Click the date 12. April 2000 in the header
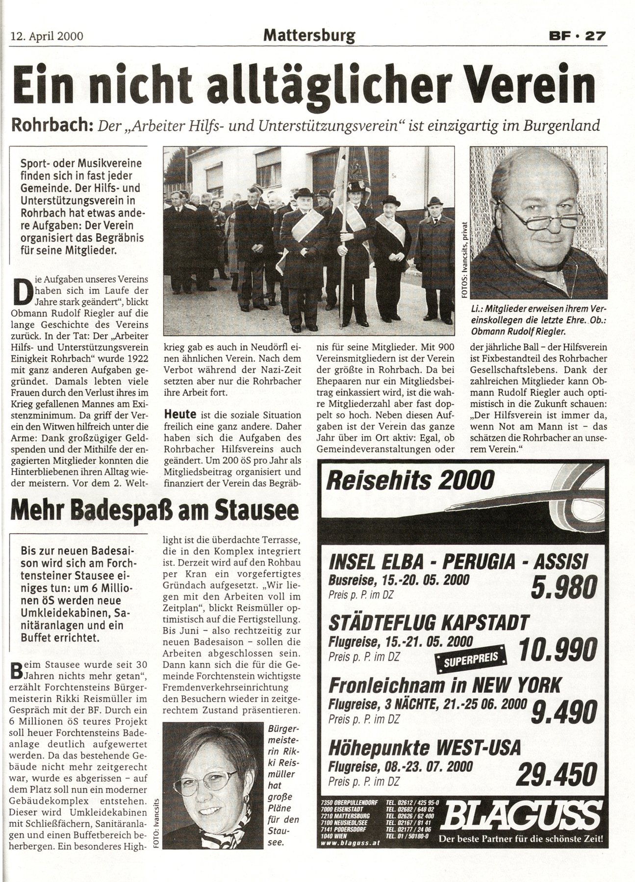(47, 36)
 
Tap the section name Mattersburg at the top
(309, 35)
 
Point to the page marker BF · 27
(576, 36)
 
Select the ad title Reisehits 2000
(410, 480)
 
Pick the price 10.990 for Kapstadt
(557, 650)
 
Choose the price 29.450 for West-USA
(557, 773)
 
